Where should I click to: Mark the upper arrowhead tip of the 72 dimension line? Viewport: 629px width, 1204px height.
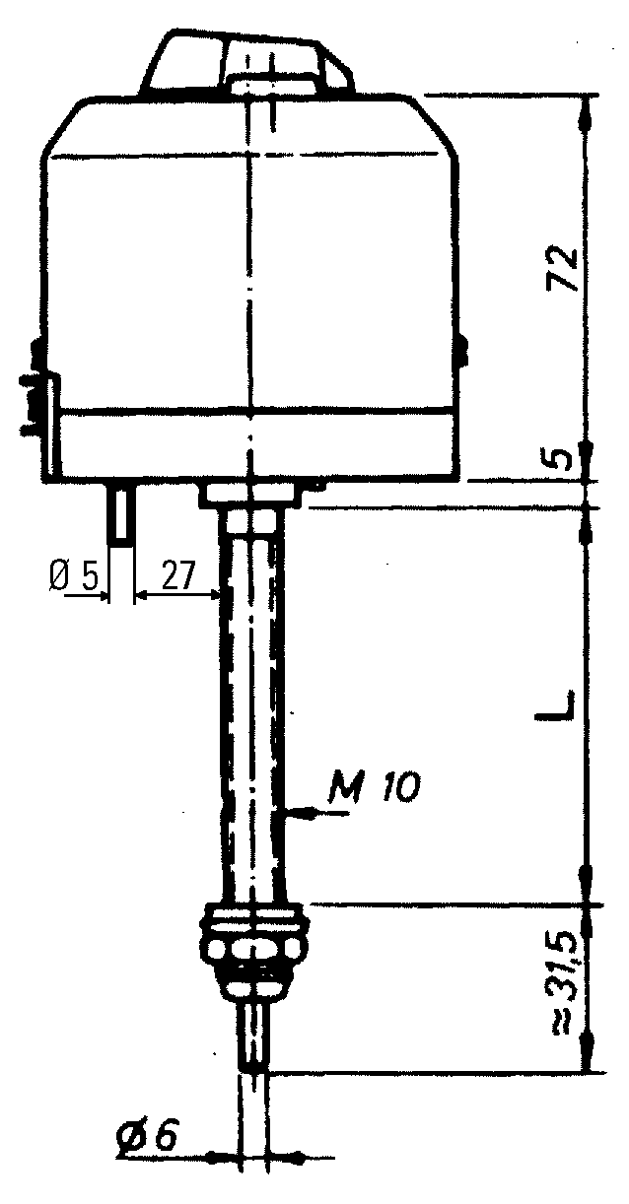pos(587,97)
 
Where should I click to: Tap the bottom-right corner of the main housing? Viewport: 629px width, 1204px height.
pos(459,479)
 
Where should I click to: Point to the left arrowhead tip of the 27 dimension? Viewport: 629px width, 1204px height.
pos(134,594)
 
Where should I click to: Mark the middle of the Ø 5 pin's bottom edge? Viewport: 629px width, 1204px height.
pos(122,544)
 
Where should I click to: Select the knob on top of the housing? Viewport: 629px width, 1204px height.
pos(248,61)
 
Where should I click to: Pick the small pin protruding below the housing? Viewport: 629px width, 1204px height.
pos(122,512)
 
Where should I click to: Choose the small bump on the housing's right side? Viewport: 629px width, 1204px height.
pos(462,350)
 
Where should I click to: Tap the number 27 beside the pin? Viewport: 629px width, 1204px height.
pos(177,577)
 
